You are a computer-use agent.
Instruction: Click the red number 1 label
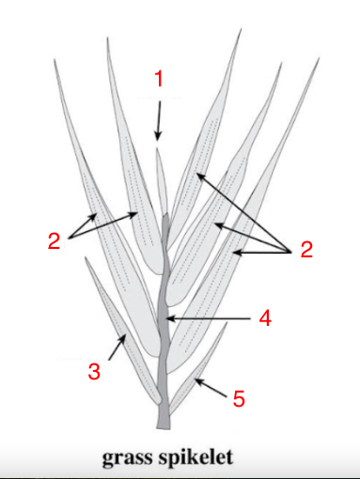[x=159, y=80]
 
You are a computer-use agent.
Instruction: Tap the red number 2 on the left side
[x=55, y=240]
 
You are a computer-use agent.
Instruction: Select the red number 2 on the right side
[x=305, y=249]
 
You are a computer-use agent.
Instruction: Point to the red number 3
[x=93, y=371]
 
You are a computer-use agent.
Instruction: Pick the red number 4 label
[x=266, y=318]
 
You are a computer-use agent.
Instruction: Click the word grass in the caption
[x=133, y=459]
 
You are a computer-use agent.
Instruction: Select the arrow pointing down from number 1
[x=158, y=118]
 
